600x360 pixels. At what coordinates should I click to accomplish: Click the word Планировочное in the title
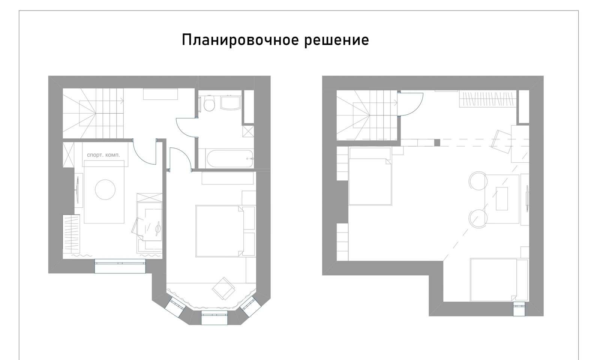click(x=240, y=40)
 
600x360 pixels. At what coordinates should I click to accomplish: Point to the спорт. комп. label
click(x=103, y=155)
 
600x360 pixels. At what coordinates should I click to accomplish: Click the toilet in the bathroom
click(x=209, y=104)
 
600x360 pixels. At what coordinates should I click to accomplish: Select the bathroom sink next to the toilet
click(x=231, y=103)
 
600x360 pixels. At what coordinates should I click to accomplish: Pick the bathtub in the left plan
click(x=230, y=159)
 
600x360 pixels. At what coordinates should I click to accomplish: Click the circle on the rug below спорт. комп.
click(x=105, y=189)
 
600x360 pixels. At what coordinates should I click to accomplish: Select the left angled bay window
click(x=175, y=307)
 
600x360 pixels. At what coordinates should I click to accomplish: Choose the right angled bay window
click(x=250, y=307)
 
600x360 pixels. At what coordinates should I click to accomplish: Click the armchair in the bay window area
click(x=223, y=288)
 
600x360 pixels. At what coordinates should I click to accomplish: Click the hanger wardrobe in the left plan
click(x=71, y=234)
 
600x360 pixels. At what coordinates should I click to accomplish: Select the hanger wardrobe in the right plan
click(x=488, y=99)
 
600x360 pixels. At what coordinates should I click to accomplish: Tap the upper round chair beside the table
click(x=478, y=181)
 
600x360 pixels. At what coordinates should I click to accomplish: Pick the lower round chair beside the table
click(x=478, y=219)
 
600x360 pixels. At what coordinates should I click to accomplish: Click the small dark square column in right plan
click(x=437, y=143)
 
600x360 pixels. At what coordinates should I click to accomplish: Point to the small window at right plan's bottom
click(x=519, y=309)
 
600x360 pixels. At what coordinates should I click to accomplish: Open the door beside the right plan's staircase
click(x=410, y=104)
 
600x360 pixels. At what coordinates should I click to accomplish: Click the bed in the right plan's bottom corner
click(x=499, y=280)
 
